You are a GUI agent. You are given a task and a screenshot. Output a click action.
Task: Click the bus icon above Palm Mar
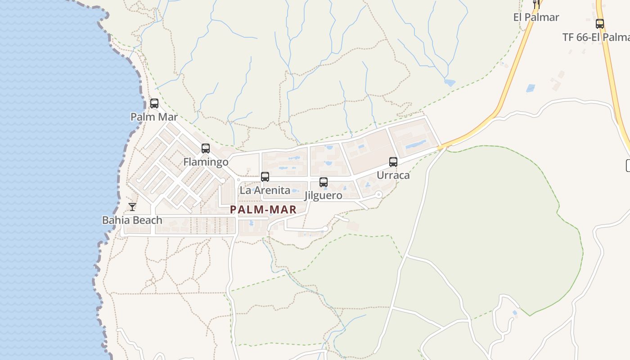point(154,103)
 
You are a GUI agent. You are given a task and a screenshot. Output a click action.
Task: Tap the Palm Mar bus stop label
point(154,117)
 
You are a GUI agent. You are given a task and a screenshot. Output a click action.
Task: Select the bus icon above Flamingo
point(206,148)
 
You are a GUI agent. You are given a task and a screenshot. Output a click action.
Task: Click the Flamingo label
point(206,162)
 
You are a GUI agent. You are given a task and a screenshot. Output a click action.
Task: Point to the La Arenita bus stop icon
point(265,177)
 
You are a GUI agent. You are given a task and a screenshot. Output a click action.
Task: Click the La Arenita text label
point(265,190)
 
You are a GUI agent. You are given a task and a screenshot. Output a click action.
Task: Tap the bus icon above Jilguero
point(324,182)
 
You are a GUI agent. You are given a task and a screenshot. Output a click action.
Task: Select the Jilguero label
point(323,196)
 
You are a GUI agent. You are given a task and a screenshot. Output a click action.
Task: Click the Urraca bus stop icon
point(393,162)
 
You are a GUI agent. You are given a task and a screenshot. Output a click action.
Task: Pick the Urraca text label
point(393,175)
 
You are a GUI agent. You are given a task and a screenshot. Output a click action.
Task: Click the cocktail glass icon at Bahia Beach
point(132,207)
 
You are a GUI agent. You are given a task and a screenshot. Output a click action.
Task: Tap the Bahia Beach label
point(132,220)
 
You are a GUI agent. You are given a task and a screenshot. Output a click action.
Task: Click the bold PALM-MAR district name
point(263,210)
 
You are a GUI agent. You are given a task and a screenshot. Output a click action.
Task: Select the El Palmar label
point(536,18)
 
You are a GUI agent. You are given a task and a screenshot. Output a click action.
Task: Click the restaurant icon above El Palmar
point(536,4)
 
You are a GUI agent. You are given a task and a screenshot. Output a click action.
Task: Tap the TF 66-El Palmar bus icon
point(600,24)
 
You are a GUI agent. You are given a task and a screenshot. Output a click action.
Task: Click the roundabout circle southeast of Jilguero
point(378,194)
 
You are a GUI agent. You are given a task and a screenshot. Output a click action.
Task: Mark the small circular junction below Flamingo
point(222,180)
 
